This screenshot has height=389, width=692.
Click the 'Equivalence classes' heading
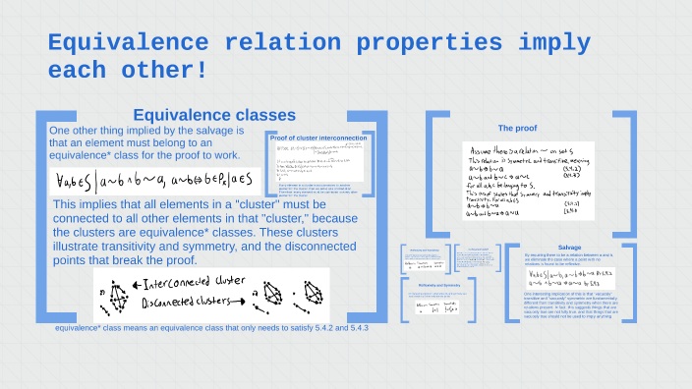(201, 115)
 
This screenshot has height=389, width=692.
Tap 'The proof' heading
(517, 128)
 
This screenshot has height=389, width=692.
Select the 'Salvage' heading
(569, 247)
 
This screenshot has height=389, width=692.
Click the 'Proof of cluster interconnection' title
(318, 138)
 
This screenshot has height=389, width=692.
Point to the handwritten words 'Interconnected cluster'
(192, 281)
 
